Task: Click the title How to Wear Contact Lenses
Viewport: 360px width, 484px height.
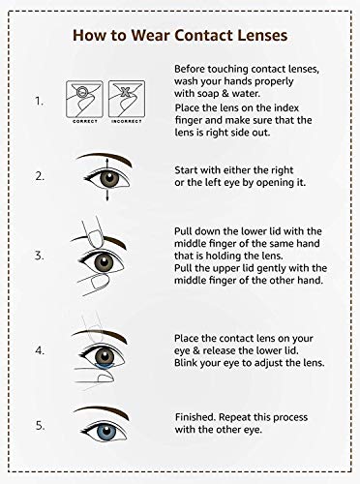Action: (180, 36)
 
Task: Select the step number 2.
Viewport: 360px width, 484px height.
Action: (40, 177)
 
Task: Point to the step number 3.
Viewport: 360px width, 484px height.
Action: (40, 257)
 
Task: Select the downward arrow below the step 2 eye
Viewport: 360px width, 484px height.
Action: (105, 196)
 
